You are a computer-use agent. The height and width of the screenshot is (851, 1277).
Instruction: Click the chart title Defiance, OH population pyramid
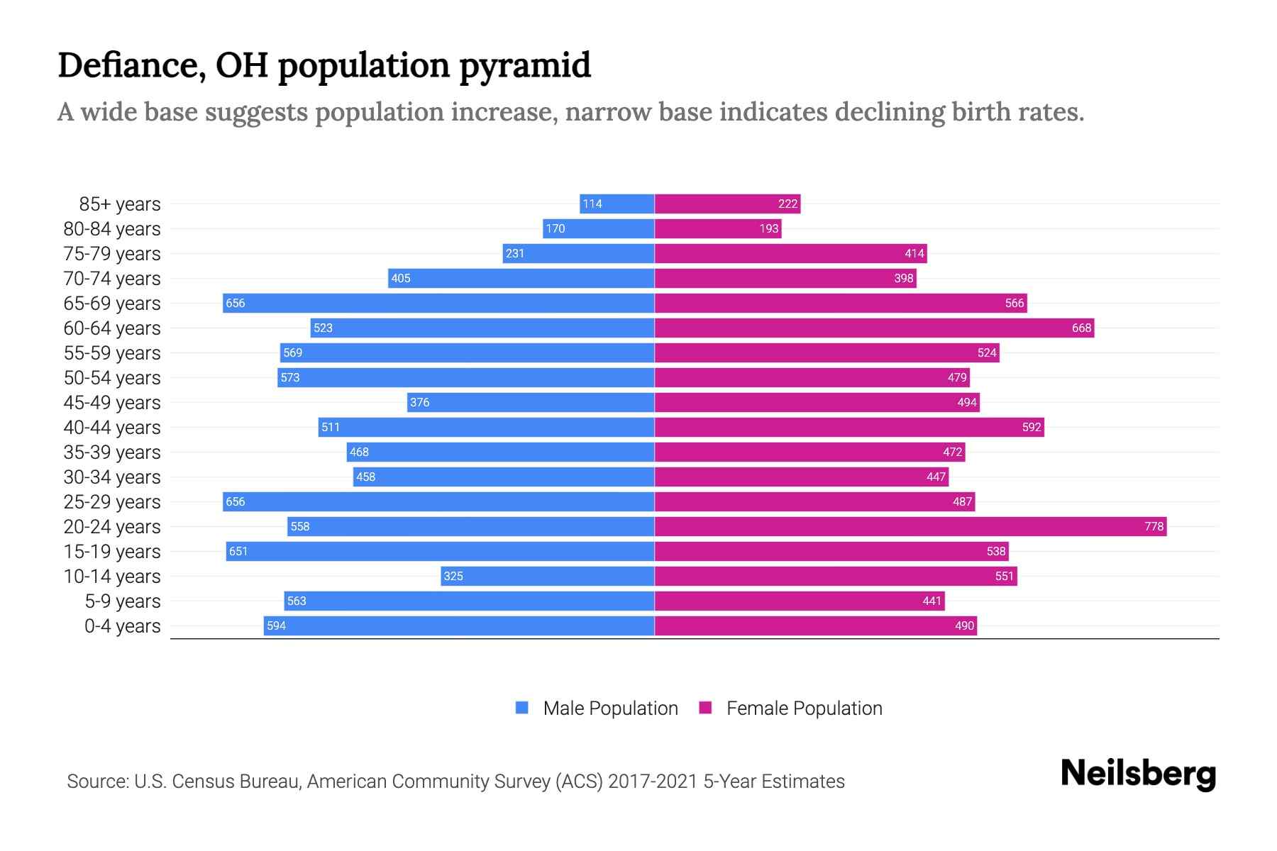click(x=324, y=65)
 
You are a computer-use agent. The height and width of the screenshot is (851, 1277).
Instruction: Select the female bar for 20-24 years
click(x=910, y=526)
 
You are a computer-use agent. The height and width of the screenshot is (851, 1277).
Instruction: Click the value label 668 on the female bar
click(x=1081, y=328)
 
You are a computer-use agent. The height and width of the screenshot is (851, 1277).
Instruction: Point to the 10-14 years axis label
click(x=112, y=576)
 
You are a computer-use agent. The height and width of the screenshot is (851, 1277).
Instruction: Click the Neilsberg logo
click(x=1138, y=774)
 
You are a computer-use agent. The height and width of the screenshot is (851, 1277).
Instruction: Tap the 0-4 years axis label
click(x=122, y=625)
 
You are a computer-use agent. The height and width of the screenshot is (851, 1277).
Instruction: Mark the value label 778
click(x=1154, y=526)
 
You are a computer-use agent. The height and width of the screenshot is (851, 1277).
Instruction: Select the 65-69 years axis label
click(x=112, y=303)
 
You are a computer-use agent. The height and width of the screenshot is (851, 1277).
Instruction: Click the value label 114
click(x=592, y=204)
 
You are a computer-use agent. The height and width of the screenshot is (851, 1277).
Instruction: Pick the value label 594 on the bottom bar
click(x=276, y=625)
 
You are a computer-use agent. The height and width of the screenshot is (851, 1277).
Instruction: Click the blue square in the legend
click(x=522, y=708)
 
